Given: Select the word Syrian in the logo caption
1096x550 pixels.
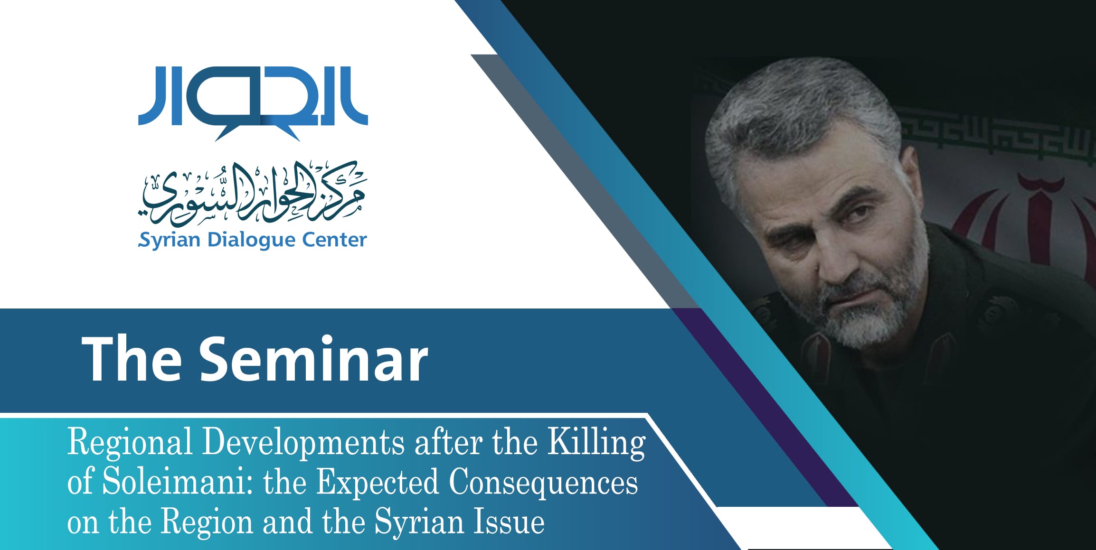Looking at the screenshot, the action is click(169, 241).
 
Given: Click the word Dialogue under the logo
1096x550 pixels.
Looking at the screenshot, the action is click(252, 240).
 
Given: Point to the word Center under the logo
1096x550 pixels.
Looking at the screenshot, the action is click(335, 240).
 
